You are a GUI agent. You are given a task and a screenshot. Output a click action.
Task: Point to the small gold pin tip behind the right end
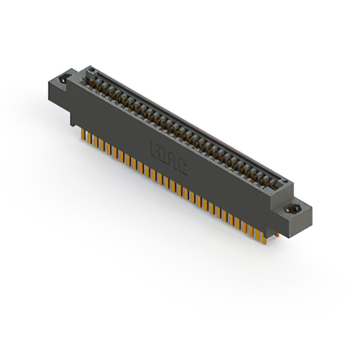(276, 235)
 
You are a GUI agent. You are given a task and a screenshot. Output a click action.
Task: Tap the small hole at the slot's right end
(284, 182)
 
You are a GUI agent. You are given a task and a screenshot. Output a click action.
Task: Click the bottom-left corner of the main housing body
(71, 124)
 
